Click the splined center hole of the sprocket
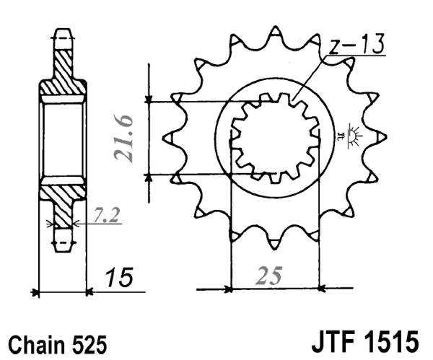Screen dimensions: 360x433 pyautogui.click(x=274, y=137)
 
